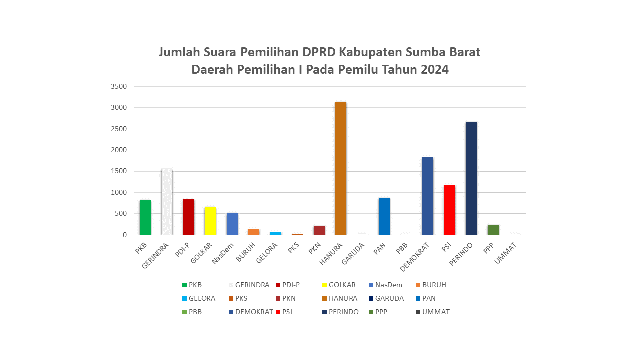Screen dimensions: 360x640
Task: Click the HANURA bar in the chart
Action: click(x=341, y=168)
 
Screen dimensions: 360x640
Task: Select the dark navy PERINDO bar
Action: click(x=471, y=178)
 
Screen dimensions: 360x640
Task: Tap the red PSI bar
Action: click(x=450, y=210)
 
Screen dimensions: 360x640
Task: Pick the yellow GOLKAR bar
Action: click(x=210, y=221)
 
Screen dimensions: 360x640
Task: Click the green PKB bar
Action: click(x=145, y=217)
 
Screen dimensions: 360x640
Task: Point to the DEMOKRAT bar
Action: click(x=428, y=196)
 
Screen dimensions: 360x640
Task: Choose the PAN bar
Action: click(x=384, y=216)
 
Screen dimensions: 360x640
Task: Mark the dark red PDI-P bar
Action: click(x=189, y=217)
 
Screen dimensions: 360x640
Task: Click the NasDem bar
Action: click(x=232, y=224)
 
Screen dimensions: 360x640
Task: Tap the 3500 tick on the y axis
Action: click(x=119, y=86)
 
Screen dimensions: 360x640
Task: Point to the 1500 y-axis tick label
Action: click(x=119, y=171)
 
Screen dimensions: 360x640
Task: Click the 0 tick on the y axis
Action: click(x=124, y=235)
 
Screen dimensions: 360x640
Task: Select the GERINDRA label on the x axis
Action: click(x=157, y=255)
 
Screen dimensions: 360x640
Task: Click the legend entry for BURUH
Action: click(x=434, y=285)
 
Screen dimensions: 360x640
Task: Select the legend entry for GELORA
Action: click(x=202, y=298)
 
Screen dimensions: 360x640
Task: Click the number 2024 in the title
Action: click(x=434, y=69)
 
